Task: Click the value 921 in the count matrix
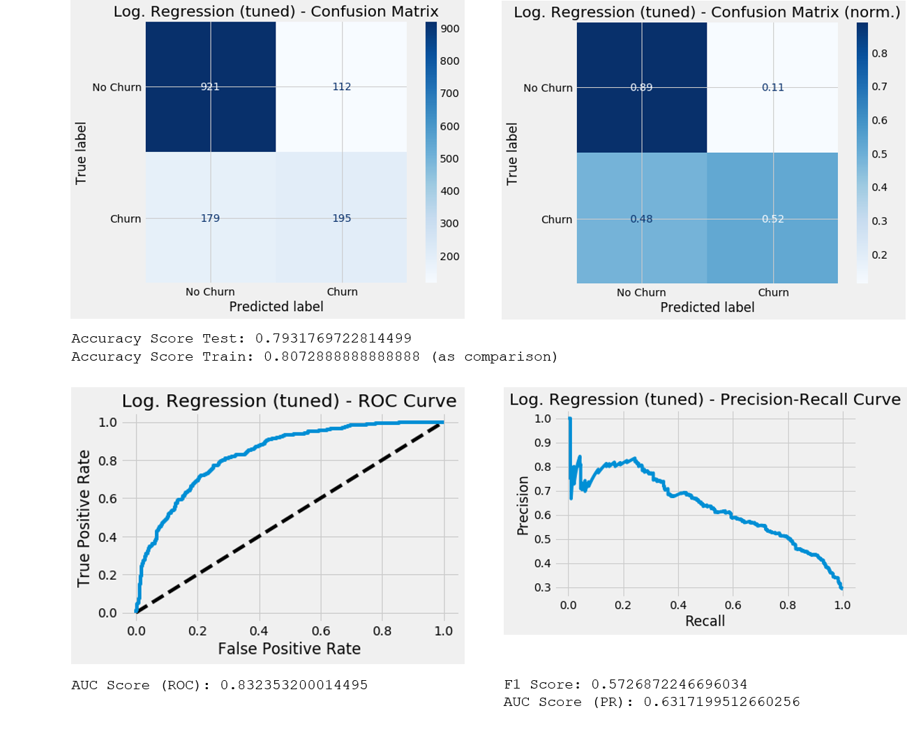(x=210, y=87)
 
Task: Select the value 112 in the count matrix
(x=341, y=87)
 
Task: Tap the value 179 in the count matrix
(x=210, y=218)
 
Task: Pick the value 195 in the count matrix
(x=341, y=218)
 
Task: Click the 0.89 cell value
(x=641, y=88)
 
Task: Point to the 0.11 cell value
(x=772, y=88)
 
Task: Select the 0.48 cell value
(x=641, y=219)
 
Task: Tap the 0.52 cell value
(x=772, y=219)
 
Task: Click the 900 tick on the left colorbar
(x=450, y=29)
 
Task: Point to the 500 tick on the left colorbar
(x=450, y=159)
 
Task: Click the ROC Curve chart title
(x=289, y=401)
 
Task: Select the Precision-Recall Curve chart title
(x=705, y=400)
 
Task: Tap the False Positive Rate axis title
(x=289, y=649)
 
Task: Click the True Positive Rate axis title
(x=84, y=518)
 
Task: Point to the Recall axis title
(x=705, y=622)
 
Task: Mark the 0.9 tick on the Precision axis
(x=542, y=443)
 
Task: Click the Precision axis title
(x=523, y=505)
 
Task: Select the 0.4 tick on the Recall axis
(x=678, y=606)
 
